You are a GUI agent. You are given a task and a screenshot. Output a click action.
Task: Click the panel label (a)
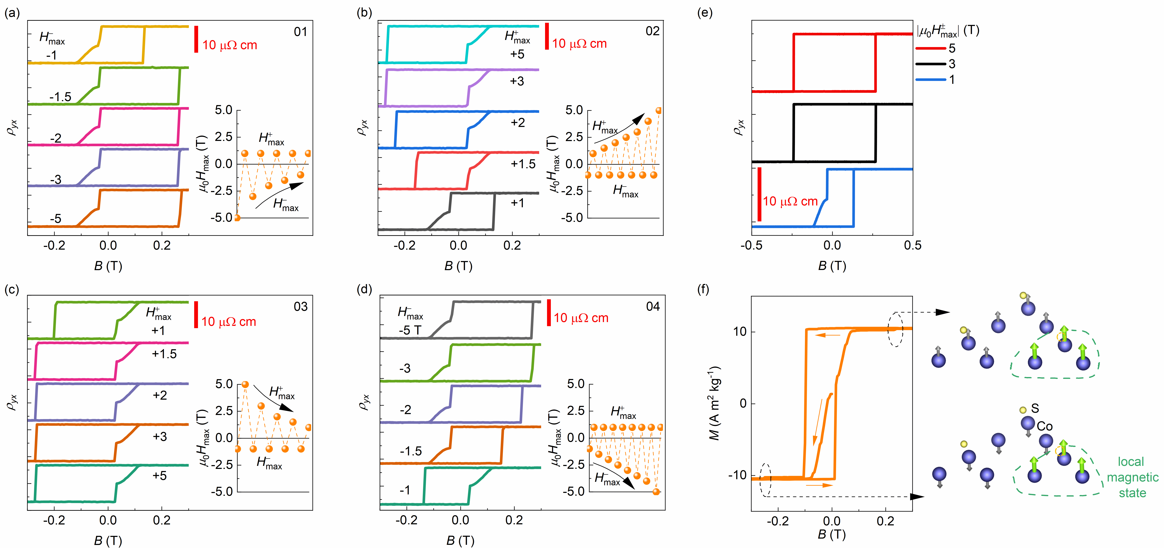click(12, 13)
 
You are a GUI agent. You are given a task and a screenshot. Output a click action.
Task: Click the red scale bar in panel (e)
click(760, 194)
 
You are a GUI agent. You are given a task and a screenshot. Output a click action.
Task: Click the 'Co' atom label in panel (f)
click(1044, 426)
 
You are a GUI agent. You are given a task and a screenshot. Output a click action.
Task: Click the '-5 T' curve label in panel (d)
click(410, 330)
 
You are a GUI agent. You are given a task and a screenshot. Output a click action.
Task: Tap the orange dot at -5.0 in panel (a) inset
click(237, 217)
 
